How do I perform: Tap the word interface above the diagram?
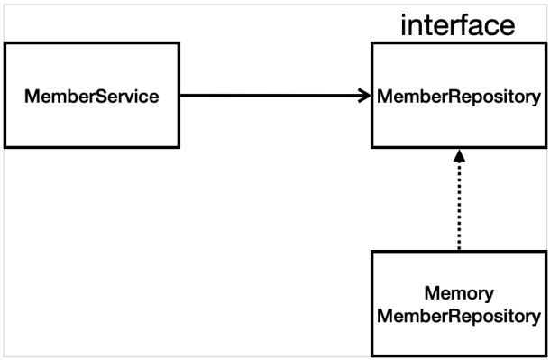click(458, 25)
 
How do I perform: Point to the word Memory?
click(459, 294)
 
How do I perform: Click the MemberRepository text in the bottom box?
click(459, 316)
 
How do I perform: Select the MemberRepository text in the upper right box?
click(459, 97)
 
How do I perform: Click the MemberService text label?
click(92, 97)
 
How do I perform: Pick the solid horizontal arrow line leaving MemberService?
click(275, 95)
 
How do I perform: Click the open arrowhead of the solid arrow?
click(365, 96)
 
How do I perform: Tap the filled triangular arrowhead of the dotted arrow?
click(459, 156)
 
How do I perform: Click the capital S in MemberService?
click(101, 97)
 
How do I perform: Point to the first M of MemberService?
click(32, 97)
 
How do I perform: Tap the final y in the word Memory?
click(489, 296)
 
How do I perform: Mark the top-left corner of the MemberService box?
click(5, 42)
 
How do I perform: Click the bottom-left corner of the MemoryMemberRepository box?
click(371, 356)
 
